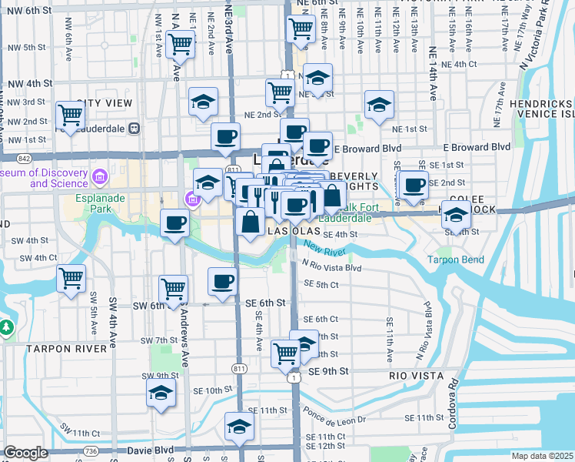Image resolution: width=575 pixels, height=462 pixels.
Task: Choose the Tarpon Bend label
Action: tap(456, 260)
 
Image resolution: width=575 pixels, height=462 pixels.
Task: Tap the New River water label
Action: tap(326, 248)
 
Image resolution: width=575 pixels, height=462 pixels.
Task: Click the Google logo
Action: tap(26, 453)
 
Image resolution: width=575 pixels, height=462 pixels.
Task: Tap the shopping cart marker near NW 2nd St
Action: tap(71, 115)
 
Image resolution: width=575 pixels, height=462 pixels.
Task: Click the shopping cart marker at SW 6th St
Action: tap(173, 289)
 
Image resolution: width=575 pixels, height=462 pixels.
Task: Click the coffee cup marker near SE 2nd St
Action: tap(414, 186)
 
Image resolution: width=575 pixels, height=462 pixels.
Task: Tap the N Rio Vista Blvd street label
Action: tap(331, 267)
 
